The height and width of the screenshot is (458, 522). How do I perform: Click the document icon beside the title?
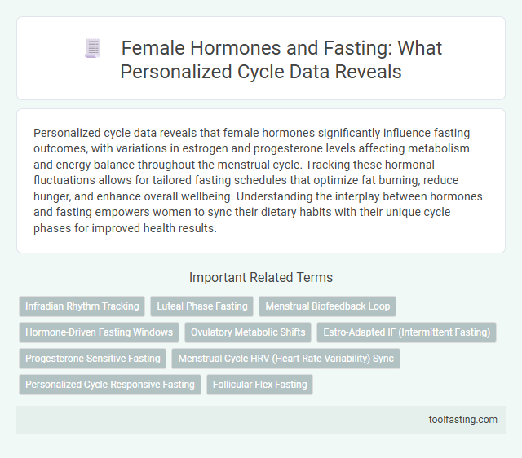point(92,49)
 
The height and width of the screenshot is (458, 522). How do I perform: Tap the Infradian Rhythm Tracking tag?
point(82,306)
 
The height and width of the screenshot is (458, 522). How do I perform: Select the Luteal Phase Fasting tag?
point(201,306)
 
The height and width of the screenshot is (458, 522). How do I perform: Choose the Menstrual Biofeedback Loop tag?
point(327,306)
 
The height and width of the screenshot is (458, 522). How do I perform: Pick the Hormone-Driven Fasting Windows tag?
point(100,332)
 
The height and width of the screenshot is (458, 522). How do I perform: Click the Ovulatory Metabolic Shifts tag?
point(249,332)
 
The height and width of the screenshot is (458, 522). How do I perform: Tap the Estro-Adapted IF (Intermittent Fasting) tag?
point(406,332)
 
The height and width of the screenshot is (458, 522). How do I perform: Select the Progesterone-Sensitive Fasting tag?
point(93,358)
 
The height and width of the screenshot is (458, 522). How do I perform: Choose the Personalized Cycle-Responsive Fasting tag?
point(110,384)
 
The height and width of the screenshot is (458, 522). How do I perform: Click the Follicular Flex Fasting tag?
point(259,384)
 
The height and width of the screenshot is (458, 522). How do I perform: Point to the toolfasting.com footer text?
point(462,420)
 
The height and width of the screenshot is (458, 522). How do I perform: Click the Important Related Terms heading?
point(260,277)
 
